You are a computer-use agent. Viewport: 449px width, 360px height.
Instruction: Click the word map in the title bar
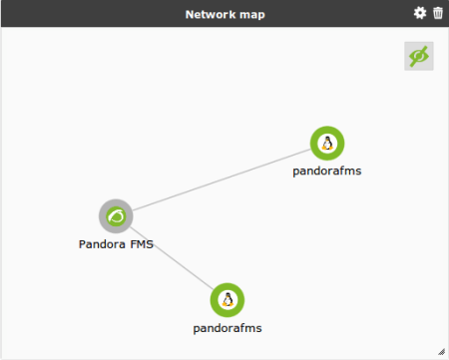(x=252, y=15)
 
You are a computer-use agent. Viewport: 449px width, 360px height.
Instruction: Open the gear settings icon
(x=420, y=13)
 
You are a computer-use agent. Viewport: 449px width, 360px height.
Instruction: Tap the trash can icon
(x=438, y=13)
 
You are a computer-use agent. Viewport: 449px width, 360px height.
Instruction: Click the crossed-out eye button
(x=419, y=56)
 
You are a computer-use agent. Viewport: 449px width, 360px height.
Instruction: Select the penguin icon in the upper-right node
(x=327, y=144)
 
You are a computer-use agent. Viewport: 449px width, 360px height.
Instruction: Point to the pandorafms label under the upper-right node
(x=327, y=172)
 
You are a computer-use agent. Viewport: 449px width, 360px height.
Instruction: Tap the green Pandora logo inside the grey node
(x=116, y=216)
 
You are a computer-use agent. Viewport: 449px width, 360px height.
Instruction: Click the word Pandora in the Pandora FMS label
(x=102, y=244)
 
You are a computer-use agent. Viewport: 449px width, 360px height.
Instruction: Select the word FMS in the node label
(x=142, y=244)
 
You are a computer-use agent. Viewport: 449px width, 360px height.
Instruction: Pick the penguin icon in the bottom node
(x=227, y=299)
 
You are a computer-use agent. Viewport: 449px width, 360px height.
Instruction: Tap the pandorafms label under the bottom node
(x=227, y=328)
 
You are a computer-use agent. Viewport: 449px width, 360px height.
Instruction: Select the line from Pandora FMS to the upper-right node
(x=222, y=180)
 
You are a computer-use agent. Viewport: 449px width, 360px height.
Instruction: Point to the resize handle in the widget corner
(x=441, y=352)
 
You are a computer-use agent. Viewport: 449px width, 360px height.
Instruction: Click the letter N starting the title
(x=190, y=15)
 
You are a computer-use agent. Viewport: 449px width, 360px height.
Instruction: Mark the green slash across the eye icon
(x=419, y=56)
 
